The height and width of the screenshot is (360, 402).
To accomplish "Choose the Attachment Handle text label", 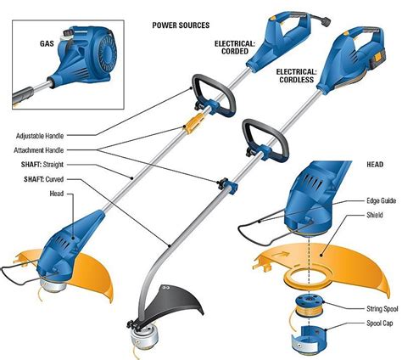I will tap(47, 149).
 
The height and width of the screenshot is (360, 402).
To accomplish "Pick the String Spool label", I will tap(366, 307).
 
